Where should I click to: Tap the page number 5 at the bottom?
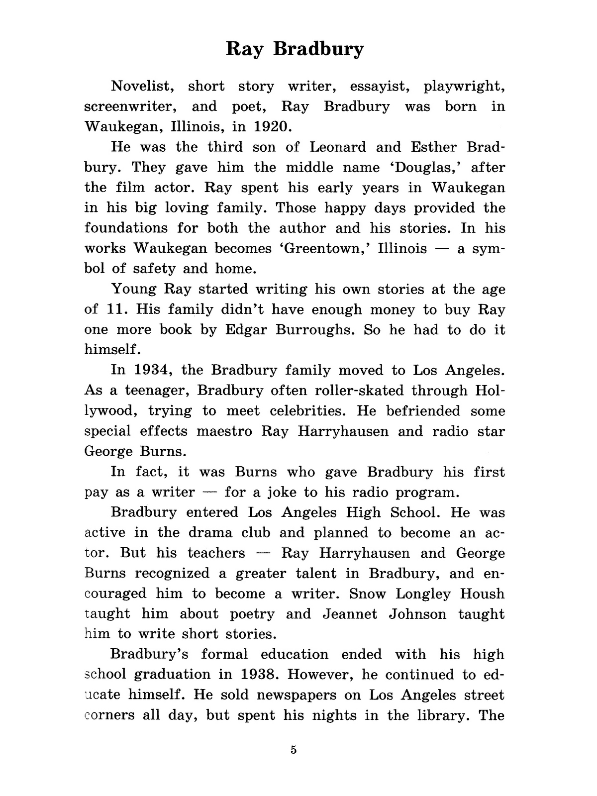(x=294, y=750)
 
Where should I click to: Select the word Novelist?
(x=142, y=87)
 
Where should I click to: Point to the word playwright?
(x=465, y=87)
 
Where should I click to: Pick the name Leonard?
(x=338, y=147)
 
